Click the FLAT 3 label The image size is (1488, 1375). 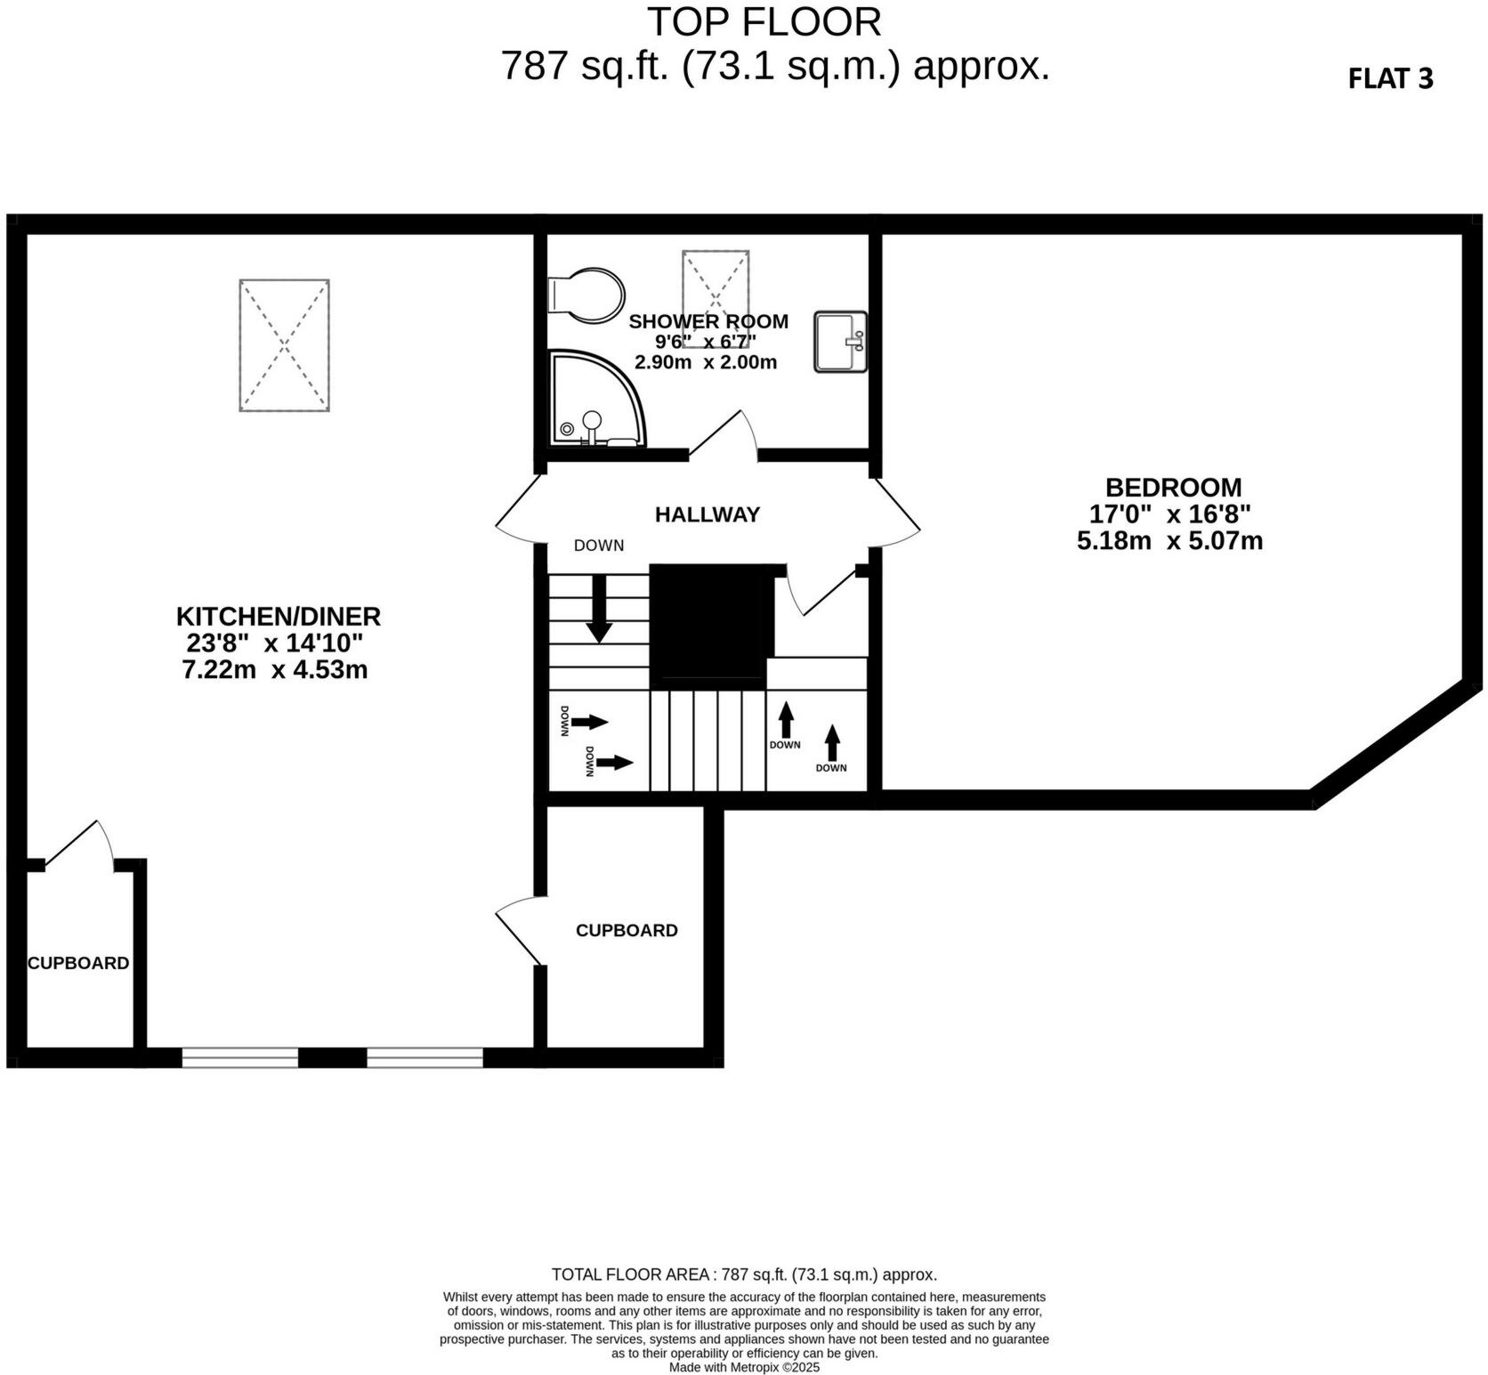[1390, 79]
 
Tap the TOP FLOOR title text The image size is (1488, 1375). [764, 22]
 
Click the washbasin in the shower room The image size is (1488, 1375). [839, 341]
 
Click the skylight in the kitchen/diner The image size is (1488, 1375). [284, 345]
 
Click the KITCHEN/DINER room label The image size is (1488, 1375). [278, 616]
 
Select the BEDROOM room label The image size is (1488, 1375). [1173, 488]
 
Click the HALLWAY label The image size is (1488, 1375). [708, 514]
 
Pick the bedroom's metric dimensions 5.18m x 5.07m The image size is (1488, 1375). [1169, 541]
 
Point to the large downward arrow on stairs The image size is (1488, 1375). [599, 609]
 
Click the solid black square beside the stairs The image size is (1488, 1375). [711, 626]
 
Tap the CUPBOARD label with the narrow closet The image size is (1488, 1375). [78, 963]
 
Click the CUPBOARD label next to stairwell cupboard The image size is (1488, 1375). [627, 930]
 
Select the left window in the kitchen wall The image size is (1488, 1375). [239, 1057]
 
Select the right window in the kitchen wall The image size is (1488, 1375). [425, 1057]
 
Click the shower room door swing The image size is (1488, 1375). [723, 436]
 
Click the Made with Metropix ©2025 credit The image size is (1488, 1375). [744, 1367]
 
